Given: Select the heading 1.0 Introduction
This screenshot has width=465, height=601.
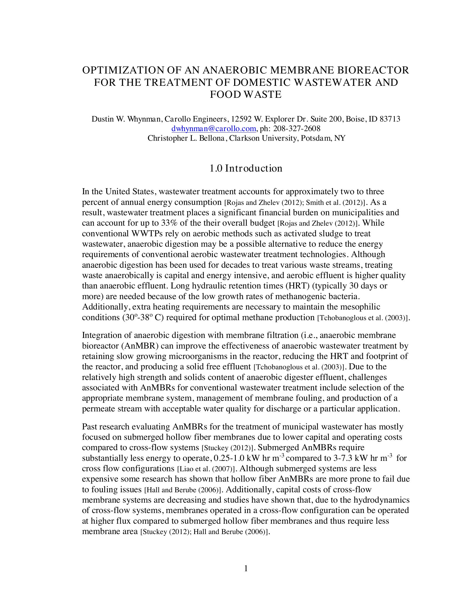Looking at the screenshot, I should (x=246, y=168).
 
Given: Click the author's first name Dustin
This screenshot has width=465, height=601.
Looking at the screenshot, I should (x=101, y=119).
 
